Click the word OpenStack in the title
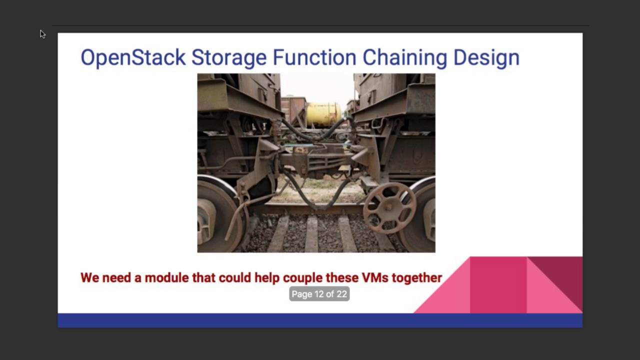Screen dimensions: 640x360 pyautogui.click(x=133, y=57)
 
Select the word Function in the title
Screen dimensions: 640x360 pyautogui.click(x=314, y=57)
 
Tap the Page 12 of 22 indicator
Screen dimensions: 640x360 pyautogui.click(x=319, y=294)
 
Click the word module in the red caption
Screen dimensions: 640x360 pyautogui.click(x=166, y=277)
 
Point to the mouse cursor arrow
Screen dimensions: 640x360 pyautogui.click(x=42, y=34)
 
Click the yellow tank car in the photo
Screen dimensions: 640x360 pyautogui.click(x=323, y=114)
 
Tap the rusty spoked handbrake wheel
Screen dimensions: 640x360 pyautogui.click(x=389, y=207)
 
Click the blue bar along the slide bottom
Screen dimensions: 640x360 pyautogui.click(x=320, y=320)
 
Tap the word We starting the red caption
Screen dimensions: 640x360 pyautogui.click(x=89, y=277)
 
